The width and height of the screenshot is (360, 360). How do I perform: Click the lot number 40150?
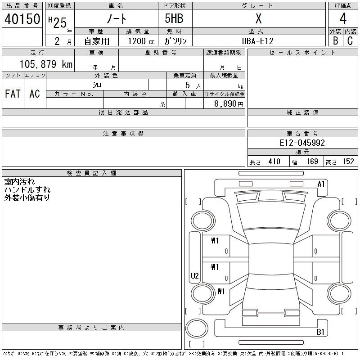pyautogui.click(x=22, y=19)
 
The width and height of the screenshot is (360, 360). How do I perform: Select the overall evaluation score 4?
pyautogui.click(x=343, y=18)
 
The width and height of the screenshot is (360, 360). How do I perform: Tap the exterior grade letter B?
pyautogui.click(x=335, y=40)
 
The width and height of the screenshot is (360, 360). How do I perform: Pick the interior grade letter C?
pyautogui.click(x=350, y=40)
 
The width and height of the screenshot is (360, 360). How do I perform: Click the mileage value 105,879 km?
pyautogui.click(x=46, y=64)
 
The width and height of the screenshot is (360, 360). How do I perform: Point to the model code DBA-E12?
pyautogui.click(x=258, y=41)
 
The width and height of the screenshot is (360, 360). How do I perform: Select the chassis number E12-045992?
pyautogui.click(x=302, y=143)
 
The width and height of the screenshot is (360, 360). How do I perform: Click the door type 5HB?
pyautogui.click(x=174, y=18)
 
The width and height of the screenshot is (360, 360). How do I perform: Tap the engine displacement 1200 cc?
pyautogui.click(x=141, y=41)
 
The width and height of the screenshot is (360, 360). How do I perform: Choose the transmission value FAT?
pyautogui.click(x=13, y=94)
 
